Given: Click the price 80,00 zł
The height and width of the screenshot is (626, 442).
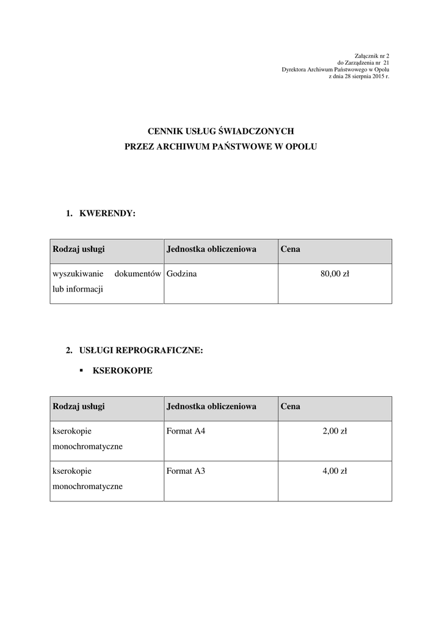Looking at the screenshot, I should [x=335, y=274].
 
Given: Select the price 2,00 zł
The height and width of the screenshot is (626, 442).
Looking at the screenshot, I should [x=335, y=432].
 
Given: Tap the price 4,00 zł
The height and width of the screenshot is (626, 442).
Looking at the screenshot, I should [x=335, y=471].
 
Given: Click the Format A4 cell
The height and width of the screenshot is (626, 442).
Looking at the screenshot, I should [x=186, y=432].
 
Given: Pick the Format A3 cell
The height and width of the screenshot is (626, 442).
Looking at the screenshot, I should [x=186, y=471].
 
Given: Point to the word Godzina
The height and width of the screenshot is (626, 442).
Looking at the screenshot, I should [x=181, y=274].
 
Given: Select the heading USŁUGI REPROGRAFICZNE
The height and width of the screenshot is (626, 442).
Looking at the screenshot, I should [x=140, y=350].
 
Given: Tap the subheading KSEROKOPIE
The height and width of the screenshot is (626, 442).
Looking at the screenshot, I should [x=122, y=370].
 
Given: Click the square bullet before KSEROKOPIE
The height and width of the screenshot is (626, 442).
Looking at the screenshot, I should [x=81, y=370].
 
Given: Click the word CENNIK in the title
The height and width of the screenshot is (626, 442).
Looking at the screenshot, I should [x=165, y=131].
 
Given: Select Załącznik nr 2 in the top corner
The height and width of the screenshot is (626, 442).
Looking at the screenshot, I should [x=372, y=56].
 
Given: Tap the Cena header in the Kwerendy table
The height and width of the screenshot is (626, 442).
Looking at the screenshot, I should [x=291, y=249].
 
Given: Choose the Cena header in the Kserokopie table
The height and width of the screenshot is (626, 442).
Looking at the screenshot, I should [x=291, y=407].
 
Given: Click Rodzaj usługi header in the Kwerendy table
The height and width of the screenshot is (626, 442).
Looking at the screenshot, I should [x=79, y=249].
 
